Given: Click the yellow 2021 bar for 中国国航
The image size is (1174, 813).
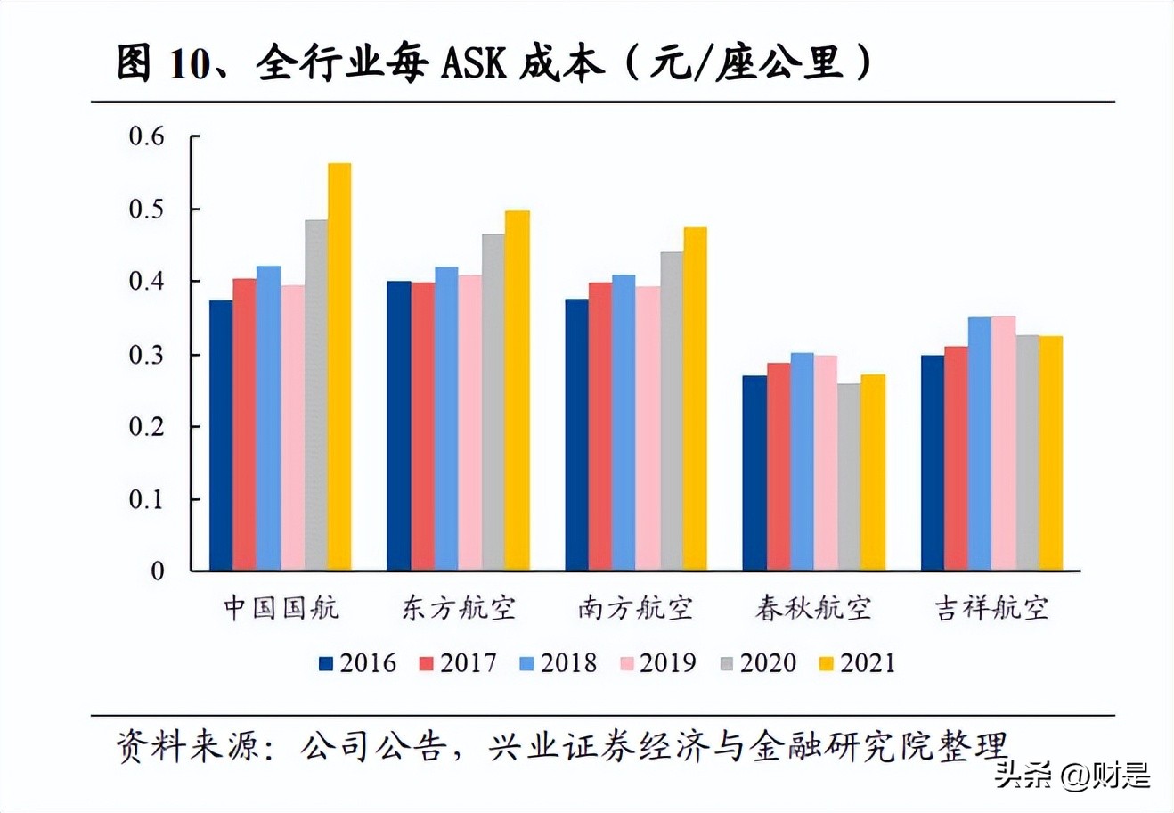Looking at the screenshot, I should pyautogui.click(x=339, y=366).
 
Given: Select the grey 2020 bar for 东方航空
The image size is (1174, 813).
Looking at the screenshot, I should pyautogui.click(x=493, y=402).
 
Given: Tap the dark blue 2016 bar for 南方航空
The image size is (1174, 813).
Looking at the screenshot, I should pyautogui.click(x=576, y=434).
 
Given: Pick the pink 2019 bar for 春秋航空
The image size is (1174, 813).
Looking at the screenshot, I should pyautogui.click(x=826, y=463).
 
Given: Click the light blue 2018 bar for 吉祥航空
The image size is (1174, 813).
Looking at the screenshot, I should pyautogui.click(x=980, y=443).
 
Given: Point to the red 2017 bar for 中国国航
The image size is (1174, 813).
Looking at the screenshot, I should pyautogui.click(x=244, y=424).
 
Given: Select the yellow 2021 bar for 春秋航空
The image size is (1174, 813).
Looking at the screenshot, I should pyautogui.click(x=873, y=472).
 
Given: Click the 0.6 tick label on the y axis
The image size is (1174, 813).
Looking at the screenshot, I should pyautogui.click(x=147, y=136).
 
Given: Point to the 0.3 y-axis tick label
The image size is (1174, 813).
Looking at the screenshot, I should pyautogui.click(x=147, y=355).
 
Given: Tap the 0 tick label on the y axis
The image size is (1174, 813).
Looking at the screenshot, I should pyautogui.click(x=158, y=571).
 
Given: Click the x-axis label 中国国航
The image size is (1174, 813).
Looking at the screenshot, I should pyautogui.click(x=281, y=609).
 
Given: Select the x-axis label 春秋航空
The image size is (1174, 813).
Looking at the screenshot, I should pyautogui.click(x=813, y=609).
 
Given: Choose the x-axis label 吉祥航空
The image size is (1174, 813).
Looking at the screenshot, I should pyautogui.click(x=991, y=609).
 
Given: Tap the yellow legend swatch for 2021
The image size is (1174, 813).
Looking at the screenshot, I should pyautogui.click(x=828, y=664).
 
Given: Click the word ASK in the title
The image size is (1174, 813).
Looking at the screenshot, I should pyautogui.click(x=481, y=65).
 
